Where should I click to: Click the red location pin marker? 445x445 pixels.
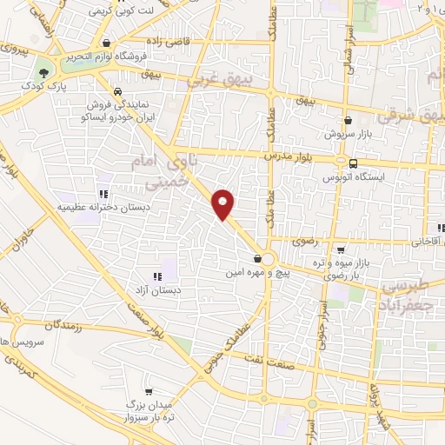[x=224, y=203]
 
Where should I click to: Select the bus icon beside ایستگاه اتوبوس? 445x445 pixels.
[x=352, y=163]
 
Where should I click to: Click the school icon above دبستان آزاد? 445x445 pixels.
[x=157, y=276]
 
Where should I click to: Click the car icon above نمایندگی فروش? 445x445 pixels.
[x=116, y=90]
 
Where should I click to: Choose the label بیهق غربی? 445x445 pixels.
[x=239, y=83]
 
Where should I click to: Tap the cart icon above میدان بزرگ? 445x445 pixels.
[x=149, y=392]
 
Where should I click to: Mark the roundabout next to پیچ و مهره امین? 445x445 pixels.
[x=269, y=259]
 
